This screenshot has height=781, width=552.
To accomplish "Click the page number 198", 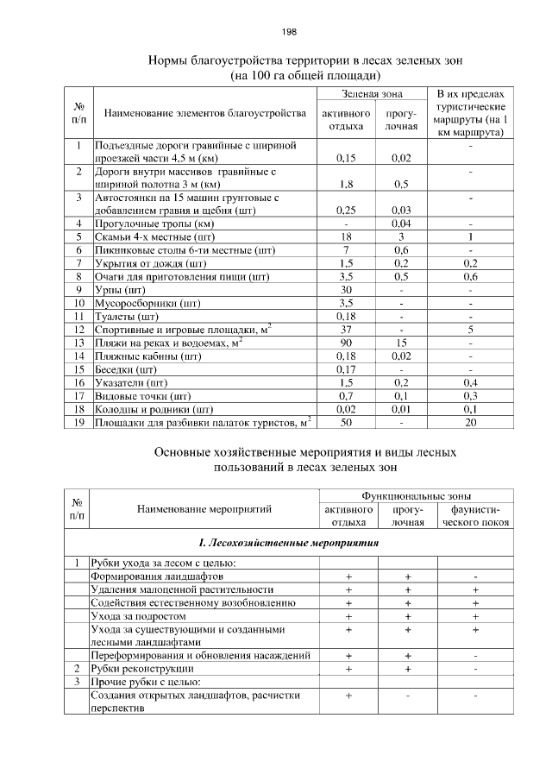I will [x=289, y=32].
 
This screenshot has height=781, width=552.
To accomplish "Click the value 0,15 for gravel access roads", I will [x=345, y=158].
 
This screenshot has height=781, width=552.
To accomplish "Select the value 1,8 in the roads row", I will [x=345, y=184].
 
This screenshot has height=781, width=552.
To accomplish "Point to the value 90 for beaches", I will [x=345, y=342].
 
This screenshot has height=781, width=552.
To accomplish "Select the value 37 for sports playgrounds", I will [x=345, y=329].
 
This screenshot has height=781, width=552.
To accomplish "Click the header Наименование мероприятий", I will [x=204, y=509].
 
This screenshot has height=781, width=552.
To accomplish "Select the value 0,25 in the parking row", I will [x=345, y=210].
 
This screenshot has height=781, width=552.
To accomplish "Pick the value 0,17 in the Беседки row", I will [x=345, y=368].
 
